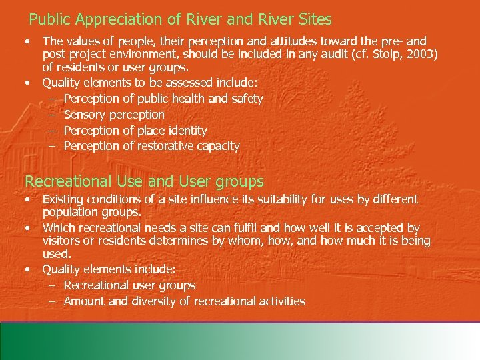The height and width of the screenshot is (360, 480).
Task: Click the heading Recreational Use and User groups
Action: point(144,181)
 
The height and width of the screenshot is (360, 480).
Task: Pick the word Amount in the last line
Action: point(85,301)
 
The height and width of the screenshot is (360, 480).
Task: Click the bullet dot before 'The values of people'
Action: point(27,41)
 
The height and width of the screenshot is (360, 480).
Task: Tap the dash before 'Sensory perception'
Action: point(53,115)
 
